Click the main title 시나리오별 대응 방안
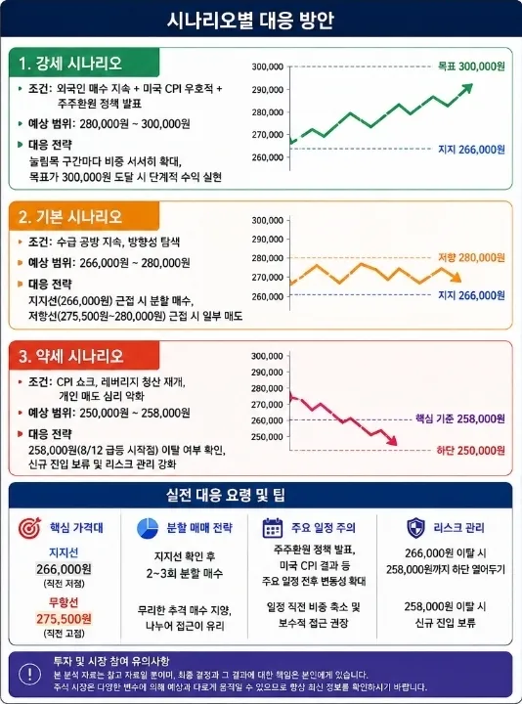pos(250,21)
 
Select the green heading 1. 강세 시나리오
pos(70,63)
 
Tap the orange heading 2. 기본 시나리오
pos(70,217)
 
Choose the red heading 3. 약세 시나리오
pos(71,356)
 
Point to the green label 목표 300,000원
pos(471,66)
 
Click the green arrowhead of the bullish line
pos(467,88)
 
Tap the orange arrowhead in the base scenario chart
pos(457,278)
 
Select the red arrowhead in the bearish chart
pos(392,441)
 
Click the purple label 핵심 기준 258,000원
pos(460,418)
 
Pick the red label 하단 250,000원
pos(471,451)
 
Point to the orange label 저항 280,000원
pos(471,258)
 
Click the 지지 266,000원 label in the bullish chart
pos(471,149)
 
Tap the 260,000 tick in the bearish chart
pos(267,420)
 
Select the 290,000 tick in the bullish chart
pos(268,90)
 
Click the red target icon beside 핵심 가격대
pos(29,528)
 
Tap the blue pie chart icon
pos(148,528)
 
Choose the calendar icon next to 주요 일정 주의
pos(273,528)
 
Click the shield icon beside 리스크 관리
pos(415,528)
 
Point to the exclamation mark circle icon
pos(30,674)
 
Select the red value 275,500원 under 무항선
pos(64,619)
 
